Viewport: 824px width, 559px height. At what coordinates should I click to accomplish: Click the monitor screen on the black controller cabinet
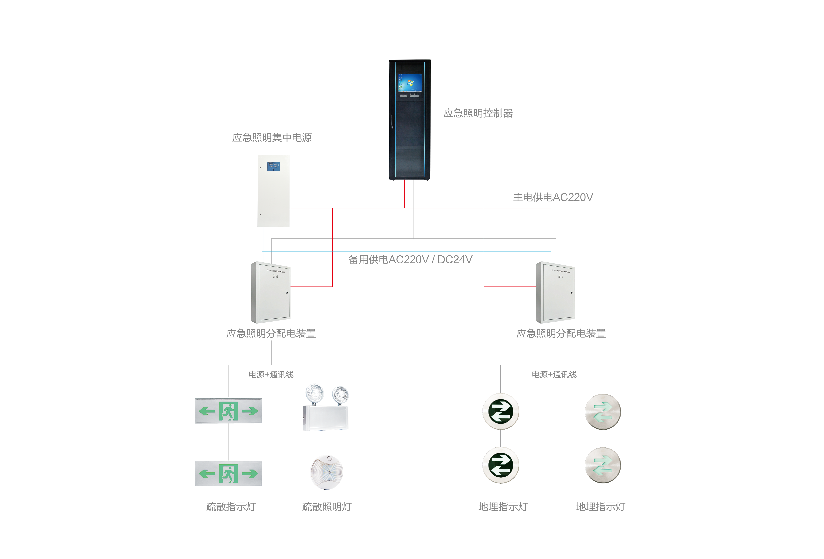point(410,83)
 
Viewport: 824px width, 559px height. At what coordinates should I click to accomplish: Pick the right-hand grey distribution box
point(555,292)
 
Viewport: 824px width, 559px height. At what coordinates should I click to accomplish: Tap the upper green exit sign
point(228,411)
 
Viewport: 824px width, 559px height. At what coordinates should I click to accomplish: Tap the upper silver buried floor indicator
point(602,412)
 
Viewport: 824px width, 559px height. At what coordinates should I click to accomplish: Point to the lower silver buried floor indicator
point(602,465)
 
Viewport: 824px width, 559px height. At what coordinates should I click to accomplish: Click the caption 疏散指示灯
point(231,507)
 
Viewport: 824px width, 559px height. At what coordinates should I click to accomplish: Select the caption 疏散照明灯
point(327,507)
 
